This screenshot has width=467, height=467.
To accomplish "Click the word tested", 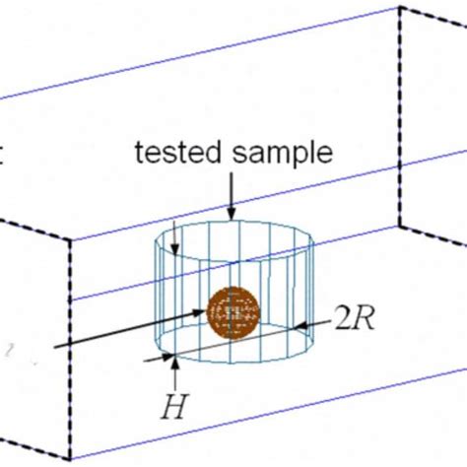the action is [178, 152].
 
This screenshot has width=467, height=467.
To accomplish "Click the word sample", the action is [283, 155].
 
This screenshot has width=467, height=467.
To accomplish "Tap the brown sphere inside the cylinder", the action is [233, 313].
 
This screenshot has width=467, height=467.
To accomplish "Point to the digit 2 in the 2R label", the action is [343, 318].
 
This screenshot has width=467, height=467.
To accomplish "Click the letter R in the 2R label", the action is [364, 318].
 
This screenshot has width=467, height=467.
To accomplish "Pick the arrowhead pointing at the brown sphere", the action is [200, 312].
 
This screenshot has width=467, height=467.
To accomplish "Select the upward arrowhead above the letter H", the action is [175, 364].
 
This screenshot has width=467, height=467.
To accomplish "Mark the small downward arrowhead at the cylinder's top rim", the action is [175, 249].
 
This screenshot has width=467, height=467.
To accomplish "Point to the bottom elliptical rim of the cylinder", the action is [234, 363].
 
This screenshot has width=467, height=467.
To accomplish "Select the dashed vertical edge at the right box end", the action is [400, 116].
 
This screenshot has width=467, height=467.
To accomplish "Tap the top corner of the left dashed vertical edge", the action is [70, 240].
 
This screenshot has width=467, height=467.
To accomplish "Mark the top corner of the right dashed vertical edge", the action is [400, 7].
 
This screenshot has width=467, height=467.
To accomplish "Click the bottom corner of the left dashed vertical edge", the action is [70, 459].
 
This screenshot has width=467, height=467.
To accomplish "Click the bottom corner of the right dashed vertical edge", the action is [400, 227].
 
